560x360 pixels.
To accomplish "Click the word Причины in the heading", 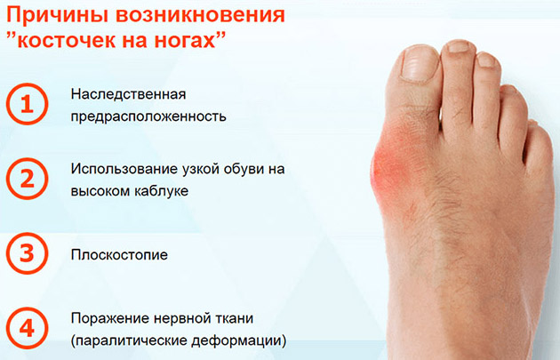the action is coord(56,16).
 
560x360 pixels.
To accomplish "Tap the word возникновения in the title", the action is coord(200,15).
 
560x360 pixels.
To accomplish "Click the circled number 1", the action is coord(27,104).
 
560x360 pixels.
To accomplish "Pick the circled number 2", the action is coord(27,179).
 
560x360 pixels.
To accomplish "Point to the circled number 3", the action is coord(27,253).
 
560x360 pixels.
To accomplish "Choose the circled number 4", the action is coord(27,328).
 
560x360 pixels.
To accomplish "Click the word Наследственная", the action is coord(128,94).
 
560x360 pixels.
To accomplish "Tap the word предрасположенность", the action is coord(148,116).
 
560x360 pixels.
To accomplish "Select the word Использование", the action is coord(129,169).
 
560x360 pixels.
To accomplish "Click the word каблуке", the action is coord(161,191).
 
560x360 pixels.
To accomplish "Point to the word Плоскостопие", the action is coord(119,255).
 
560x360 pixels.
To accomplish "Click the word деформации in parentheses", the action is coord(236,340).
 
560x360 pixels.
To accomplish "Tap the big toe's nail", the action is coord(420,64).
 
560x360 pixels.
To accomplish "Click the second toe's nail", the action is coord(459,46).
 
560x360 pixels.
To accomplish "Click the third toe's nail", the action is coord(486,60).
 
